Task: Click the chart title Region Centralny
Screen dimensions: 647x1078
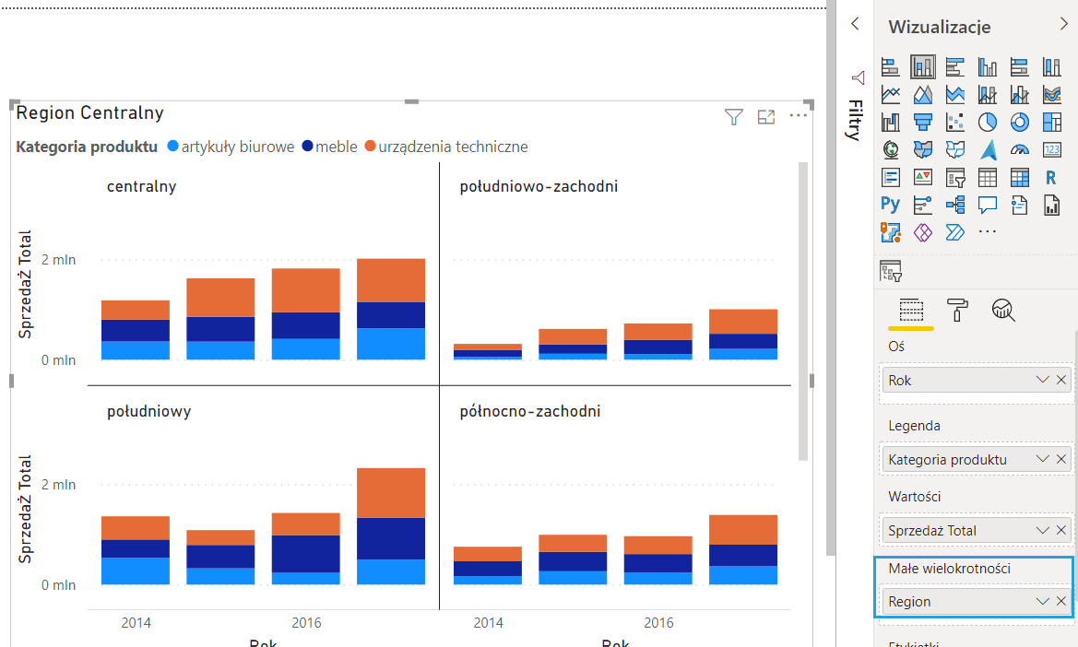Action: (89, 113)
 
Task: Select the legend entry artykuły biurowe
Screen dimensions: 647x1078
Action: (237, 147)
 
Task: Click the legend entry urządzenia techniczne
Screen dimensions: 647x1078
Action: (453, 147)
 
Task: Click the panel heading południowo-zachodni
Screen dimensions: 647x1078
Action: (539, 187)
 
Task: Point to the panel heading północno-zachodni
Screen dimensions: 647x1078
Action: (529, 411)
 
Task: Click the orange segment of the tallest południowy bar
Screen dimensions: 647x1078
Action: (391, 493)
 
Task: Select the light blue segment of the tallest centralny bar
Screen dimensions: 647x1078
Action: (391, 344)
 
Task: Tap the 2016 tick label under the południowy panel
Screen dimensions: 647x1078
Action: (306, 623)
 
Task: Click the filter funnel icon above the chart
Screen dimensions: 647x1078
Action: (733, 116)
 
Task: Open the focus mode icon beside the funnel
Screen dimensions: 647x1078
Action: (766, 116)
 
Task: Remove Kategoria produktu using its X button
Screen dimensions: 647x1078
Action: (1061, 459)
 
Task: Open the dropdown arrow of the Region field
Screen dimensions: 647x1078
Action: (1043, 601)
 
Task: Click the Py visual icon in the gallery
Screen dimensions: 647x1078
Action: (890, 204)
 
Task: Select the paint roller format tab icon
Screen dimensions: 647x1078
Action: (958, 310)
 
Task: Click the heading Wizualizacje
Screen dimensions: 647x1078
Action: (940, 27)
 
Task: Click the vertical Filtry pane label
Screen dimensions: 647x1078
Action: (855, 120)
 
